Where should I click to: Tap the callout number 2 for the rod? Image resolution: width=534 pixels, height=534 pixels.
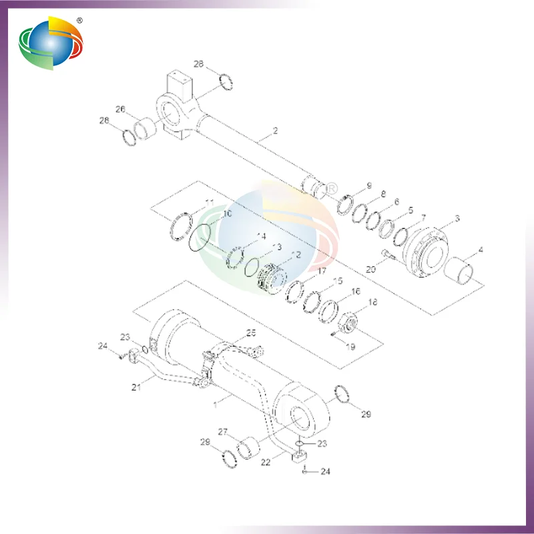275,130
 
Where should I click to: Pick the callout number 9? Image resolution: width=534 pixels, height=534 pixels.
368,185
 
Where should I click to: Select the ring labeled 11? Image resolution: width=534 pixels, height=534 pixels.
180,224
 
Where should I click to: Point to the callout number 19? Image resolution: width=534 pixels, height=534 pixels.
350,346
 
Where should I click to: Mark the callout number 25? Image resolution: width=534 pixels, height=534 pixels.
251,332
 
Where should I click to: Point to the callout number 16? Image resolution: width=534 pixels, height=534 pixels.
356,292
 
